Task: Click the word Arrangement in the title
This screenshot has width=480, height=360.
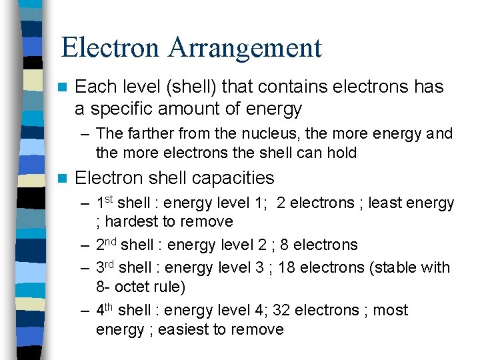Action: [x=245, y=47]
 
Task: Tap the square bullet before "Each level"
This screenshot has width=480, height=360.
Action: [x=63, y=87]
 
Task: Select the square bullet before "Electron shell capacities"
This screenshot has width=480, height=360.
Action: [x=63, y=178]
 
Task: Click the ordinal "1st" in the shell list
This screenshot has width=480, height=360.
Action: [x=104, y=202]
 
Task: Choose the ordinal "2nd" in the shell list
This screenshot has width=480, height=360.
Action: [x=106, y=245]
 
